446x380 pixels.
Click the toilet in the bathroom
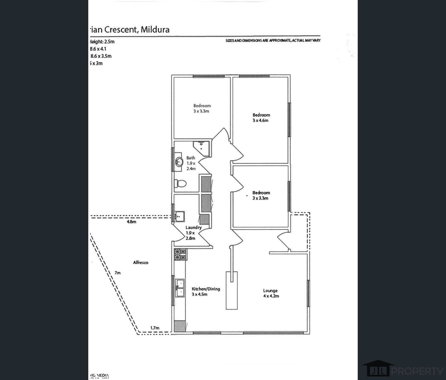(180, 183)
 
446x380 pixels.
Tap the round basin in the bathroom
(179, 162)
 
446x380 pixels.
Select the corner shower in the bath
(202, 148)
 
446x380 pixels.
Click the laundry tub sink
(180, 216)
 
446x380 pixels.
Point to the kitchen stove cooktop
(180, 254)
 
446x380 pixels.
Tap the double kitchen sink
(180, 288)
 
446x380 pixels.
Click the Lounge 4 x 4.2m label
(271, 293)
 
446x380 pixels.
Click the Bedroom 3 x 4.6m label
(261, 118)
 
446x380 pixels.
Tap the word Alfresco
(140, 263)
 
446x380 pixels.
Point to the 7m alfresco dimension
(118, 273)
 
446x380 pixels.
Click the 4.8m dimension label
(131, 222)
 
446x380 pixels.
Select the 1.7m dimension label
(155, 328)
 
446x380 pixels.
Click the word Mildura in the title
(155, 29)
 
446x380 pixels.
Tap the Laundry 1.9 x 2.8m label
(193, 233)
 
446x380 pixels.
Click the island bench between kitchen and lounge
(231, 290)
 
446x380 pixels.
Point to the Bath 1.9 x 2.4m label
(191, 163)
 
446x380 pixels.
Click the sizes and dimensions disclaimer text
(273, 40)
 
